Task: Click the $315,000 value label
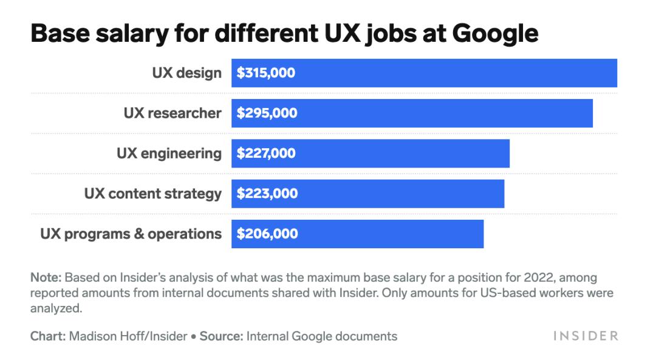(x=266, y=73)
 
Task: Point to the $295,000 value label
(x=267, y=114)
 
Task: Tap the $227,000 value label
(x=266, y=154)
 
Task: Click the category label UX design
(x=186, y=73)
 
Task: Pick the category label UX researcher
(x=173, y=114)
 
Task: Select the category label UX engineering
(x=169, y=154)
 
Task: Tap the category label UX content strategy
(x=152, y=194)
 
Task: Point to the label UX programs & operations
(x=131, y=234)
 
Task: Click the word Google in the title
(x=490, y=33)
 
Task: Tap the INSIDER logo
(x=585, y=336)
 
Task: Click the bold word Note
(x=46, y=278)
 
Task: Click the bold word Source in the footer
(x=221, y=336)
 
